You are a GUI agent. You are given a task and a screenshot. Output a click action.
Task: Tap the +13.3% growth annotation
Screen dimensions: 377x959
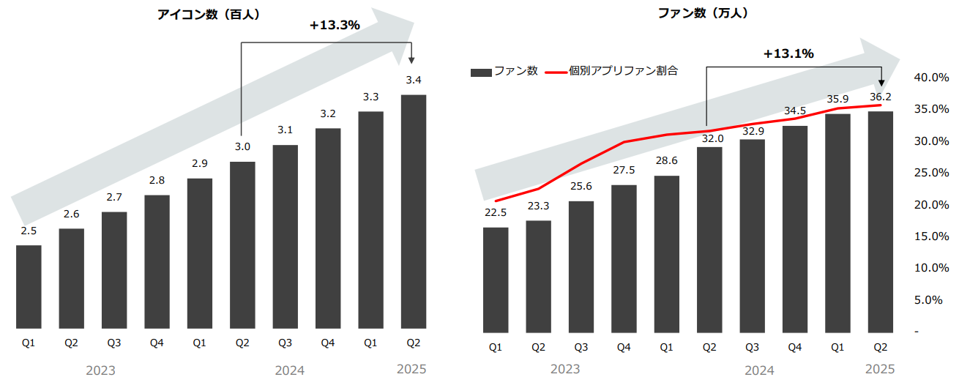335,25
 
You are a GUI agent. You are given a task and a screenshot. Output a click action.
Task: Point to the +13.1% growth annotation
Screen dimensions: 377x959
788,53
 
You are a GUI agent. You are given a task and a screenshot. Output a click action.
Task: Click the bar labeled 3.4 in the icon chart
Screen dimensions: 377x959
414,212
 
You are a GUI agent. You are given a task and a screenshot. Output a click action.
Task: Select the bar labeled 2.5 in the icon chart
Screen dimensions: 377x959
29,287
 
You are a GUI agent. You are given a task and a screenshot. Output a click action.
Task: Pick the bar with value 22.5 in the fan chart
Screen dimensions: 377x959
496,278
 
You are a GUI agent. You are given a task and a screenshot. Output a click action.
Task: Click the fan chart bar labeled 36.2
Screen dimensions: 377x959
881,220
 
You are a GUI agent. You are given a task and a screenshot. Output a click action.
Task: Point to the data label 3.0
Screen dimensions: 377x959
242,146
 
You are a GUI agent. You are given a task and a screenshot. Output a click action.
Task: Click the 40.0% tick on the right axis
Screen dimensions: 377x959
932,78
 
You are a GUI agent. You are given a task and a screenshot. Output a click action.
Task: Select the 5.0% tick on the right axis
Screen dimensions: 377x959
932,299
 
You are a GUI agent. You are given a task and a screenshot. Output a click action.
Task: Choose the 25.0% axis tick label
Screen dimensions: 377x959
932,173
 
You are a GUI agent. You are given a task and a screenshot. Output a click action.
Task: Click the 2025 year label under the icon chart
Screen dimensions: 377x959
411,369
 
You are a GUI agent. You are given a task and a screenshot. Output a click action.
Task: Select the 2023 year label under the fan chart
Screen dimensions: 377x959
565,370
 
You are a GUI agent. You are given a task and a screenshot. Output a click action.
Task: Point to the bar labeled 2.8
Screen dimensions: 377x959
157,262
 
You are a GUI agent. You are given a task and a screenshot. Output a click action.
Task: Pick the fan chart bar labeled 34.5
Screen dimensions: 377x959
795,228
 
